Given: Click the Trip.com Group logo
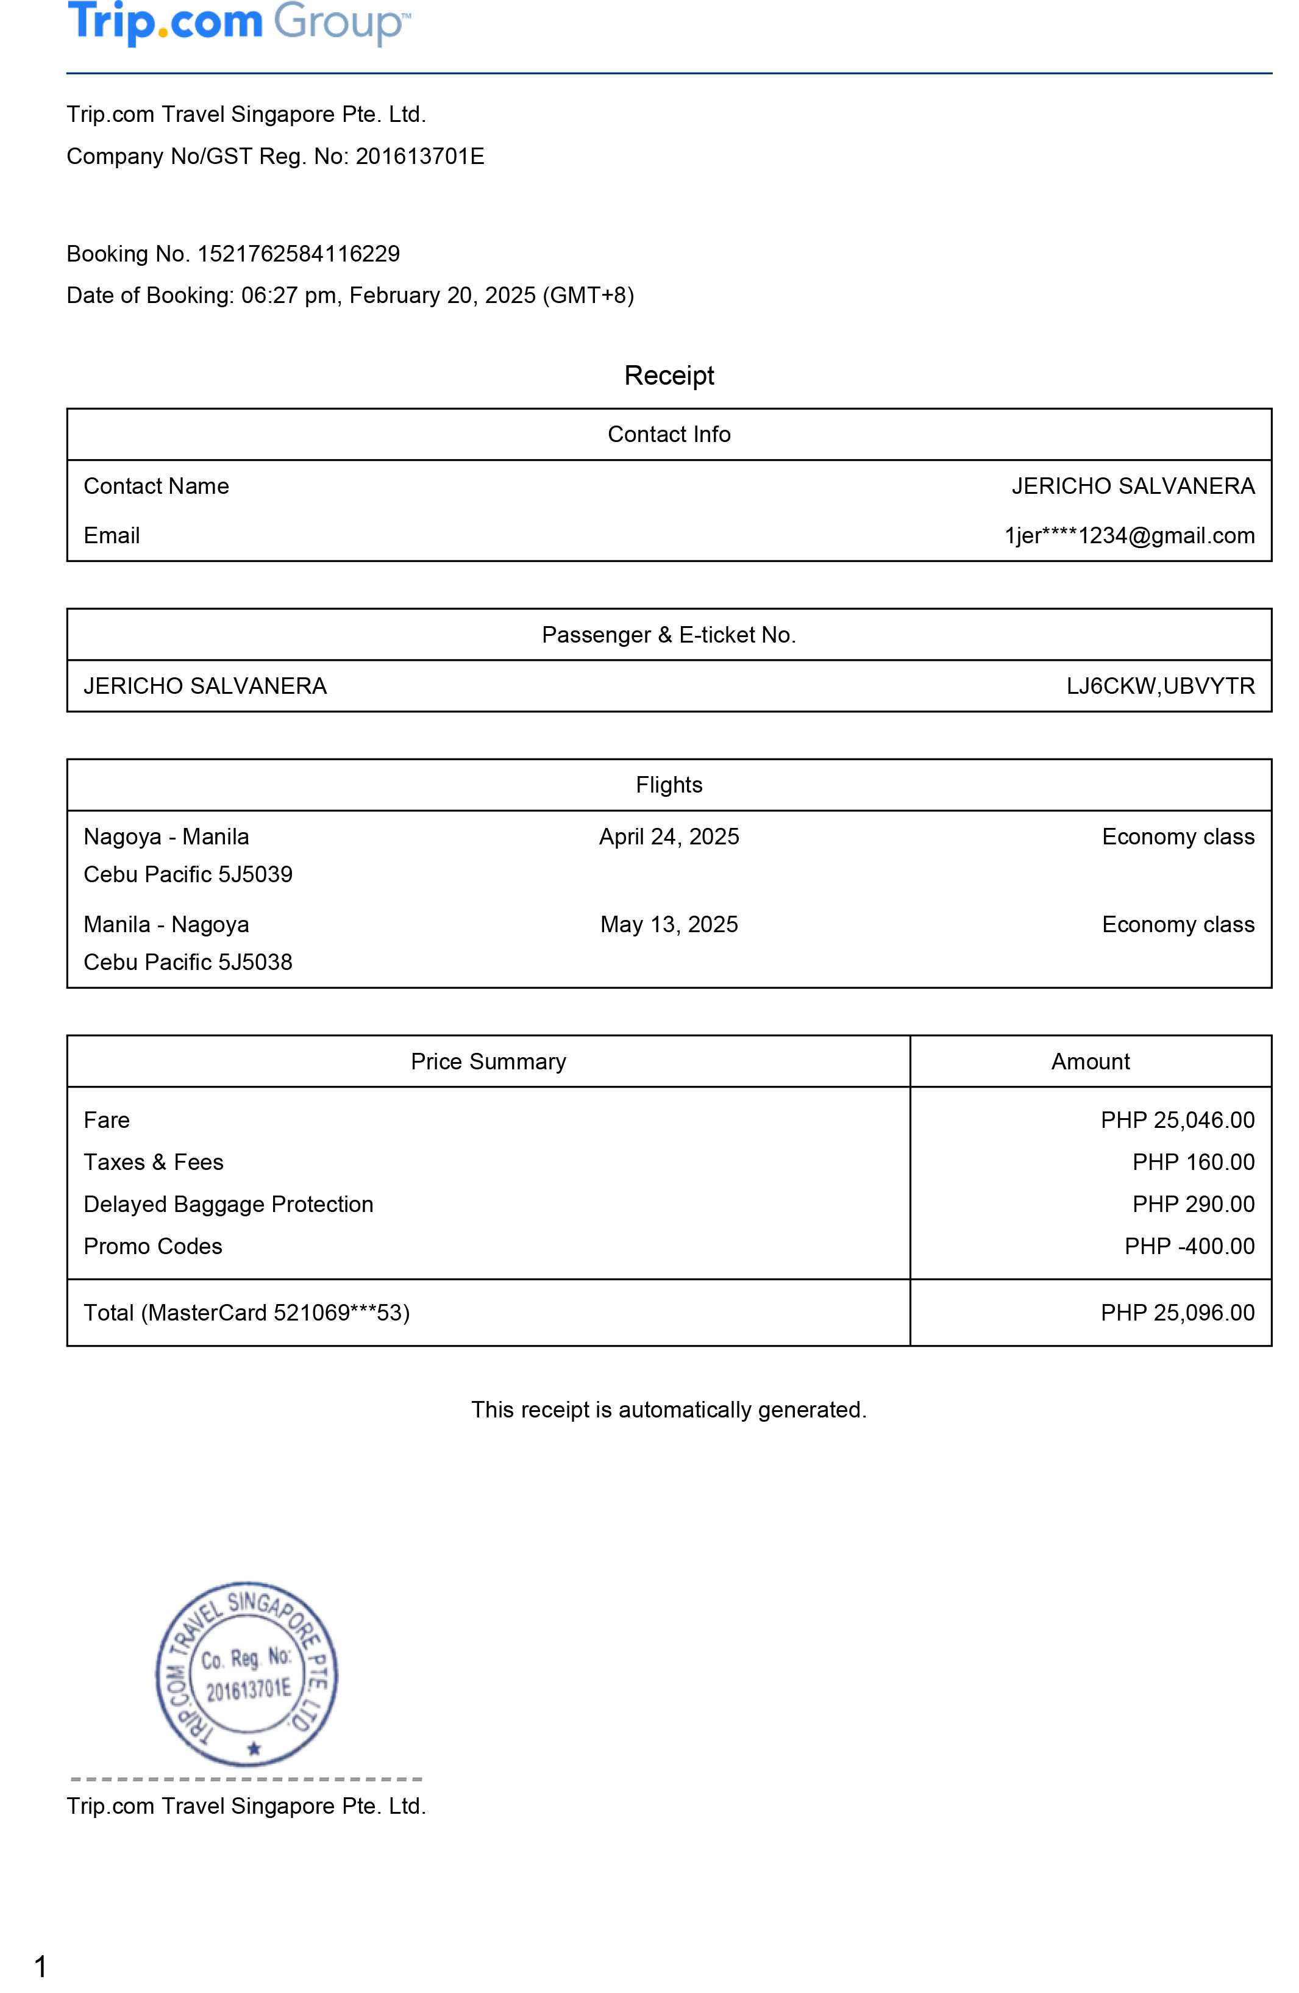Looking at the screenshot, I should (x=239, y=23).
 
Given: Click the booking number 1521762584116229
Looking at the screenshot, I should (x=298, y=254).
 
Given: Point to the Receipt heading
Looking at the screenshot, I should (x=668, y=375).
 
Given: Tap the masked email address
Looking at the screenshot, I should (x=1129, y=536).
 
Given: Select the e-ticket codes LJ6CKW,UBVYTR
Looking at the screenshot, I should (x=1160, y=686).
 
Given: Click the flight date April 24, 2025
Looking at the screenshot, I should (x=668, y=836).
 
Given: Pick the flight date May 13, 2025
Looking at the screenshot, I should (x=668, y=924).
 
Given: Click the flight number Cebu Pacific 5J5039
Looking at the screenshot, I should (x=188, y=874).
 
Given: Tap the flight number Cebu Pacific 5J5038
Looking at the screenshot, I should (x=188, y=962).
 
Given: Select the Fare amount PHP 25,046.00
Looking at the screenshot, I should (x=1176, y=1121).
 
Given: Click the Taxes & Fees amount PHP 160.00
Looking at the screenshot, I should (x=1193, y=1162).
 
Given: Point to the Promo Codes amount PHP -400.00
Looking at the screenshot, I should (x=1189, y=1246).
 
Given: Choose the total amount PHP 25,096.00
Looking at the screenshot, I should (x=1176, y=1312).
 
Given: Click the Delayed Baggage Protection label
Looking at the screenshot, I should (x=228, y=1204).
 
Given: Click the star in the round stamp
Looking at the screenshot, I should (x=254, y=1749).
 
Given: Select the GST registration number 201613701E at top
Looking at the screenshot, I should (x=419, y=157).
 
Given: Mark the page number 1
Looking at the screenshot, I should (x=40, y=1966).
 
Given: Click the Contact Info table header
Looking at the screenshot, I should (x=668, y=433).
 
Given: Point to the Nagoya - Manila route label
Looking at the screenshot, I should (x=166, y=836).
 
